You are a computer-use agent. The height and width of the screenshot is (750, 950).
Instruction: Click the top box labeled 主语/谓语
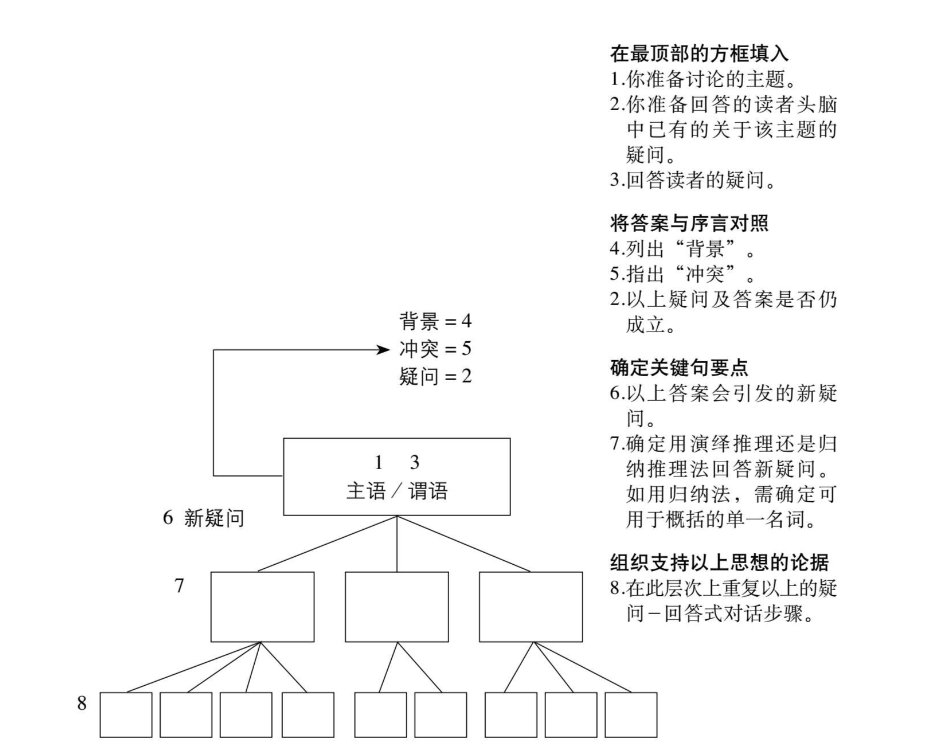(x=397, y=476)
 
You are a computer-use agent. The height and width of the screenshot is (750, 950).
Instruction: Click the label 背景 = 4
(x=435, y=322)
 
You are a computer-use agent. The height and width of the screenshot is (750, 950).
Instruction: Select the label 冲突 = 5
(x=435, y=349)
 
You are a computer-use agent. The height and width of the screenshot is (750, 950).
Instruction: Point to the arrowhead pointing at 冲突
(x=381, y=349)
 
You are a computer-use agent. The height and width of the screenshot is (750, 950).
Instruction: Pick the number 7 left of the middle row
(x=180, y=587)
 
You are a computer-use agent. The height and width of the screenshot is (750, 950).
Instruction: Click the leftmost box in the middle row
(x=262, y=607)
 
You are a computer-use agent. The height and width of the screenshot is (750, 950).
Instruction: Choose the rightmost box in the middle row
(x=531, y=607)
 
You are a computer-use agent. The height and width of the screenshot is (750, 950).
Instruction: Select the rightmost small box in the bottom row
(x=631, y=714)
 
